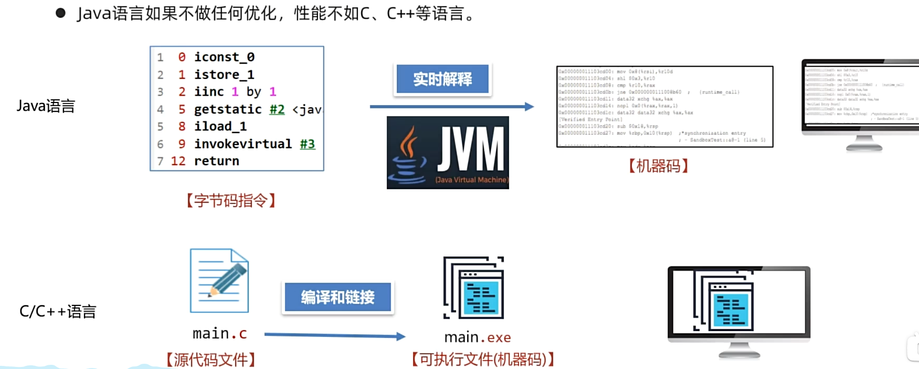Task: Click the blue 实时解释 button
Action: pos(442,79)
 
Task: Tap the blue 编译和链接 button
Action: pos(337,297)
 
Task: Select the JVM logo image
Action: pos(448,152)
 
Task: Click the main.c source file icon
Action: pos(219,281)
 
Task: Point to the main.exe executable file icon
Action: pos(473,288)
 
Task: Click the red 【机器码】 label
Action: pos(658,166)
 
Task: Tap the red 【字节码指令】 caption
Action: pos(231,200)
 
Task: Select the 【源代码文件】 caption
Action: pos(211,360)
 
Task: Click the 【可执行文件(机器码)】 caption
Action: pos(483,360)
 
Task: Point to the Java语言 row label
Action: pos(46,106)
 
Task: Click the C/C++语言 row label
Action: pos(58,311)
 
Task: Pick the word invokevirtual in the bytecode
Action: pos(242,143)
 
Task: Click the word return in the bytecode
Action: pos(216,161)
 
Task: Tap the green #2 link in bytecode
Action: pos(277,109)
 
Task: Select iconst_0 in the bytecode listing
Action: pos(224,57)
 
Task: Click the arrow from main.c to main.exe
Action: pos(334,335)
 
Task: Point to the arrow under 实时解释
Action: pos(451,107)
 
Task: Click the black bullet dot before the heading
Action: pos(60,13)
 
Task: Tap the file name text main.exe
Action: pos(478,337)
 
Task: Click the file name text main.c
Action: pos(219,334)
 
